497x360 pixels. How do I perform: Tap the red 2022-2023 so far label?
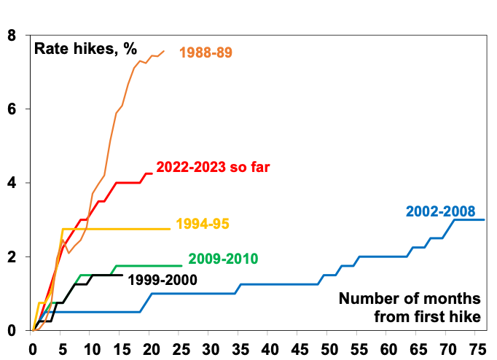pos(214,168)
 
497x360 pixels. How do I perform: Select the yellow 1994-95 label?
pos(203,224)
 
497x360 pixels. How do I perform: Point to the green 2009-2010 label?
pos(223,259)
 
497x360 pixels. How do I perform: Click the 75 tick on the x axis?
pos(478,347)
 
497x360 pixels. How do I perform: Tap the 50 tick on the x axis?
pos(329,347)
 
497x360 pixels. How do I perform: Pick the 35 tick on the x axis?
pos(240,347)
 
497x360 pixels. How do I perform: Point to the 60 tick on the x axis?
pos(389,347)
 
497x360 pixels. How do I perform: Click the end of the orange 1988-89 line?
pos(164,50)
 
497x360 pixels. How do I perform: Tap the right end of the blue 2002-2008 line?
pos(485,219)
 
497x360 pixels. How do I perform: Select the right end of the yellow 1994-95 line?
pos(170,229)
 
